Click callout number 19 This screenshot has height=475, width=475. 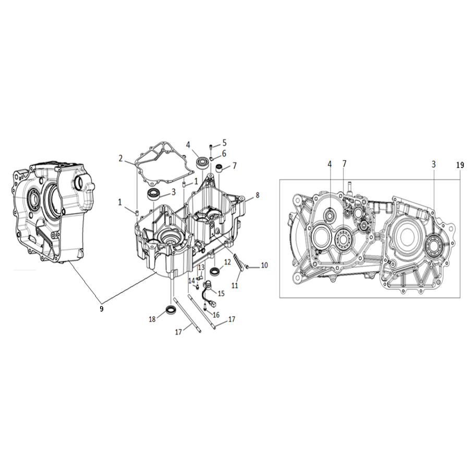[460, 165]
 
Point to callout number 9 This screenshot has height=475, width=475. [102, 309]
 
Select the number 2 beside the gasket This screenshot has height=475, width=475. [120, 158]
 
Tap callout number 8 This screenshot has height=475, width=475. [258, 195]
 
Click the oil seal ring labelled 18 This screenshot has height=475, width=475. [171, 310]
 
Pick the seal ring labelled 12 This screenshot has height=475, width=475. [216, 272]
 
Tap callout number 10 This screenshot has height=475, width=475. [264, 265]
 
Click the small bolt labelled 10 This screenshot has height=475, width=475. [247, 266]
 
